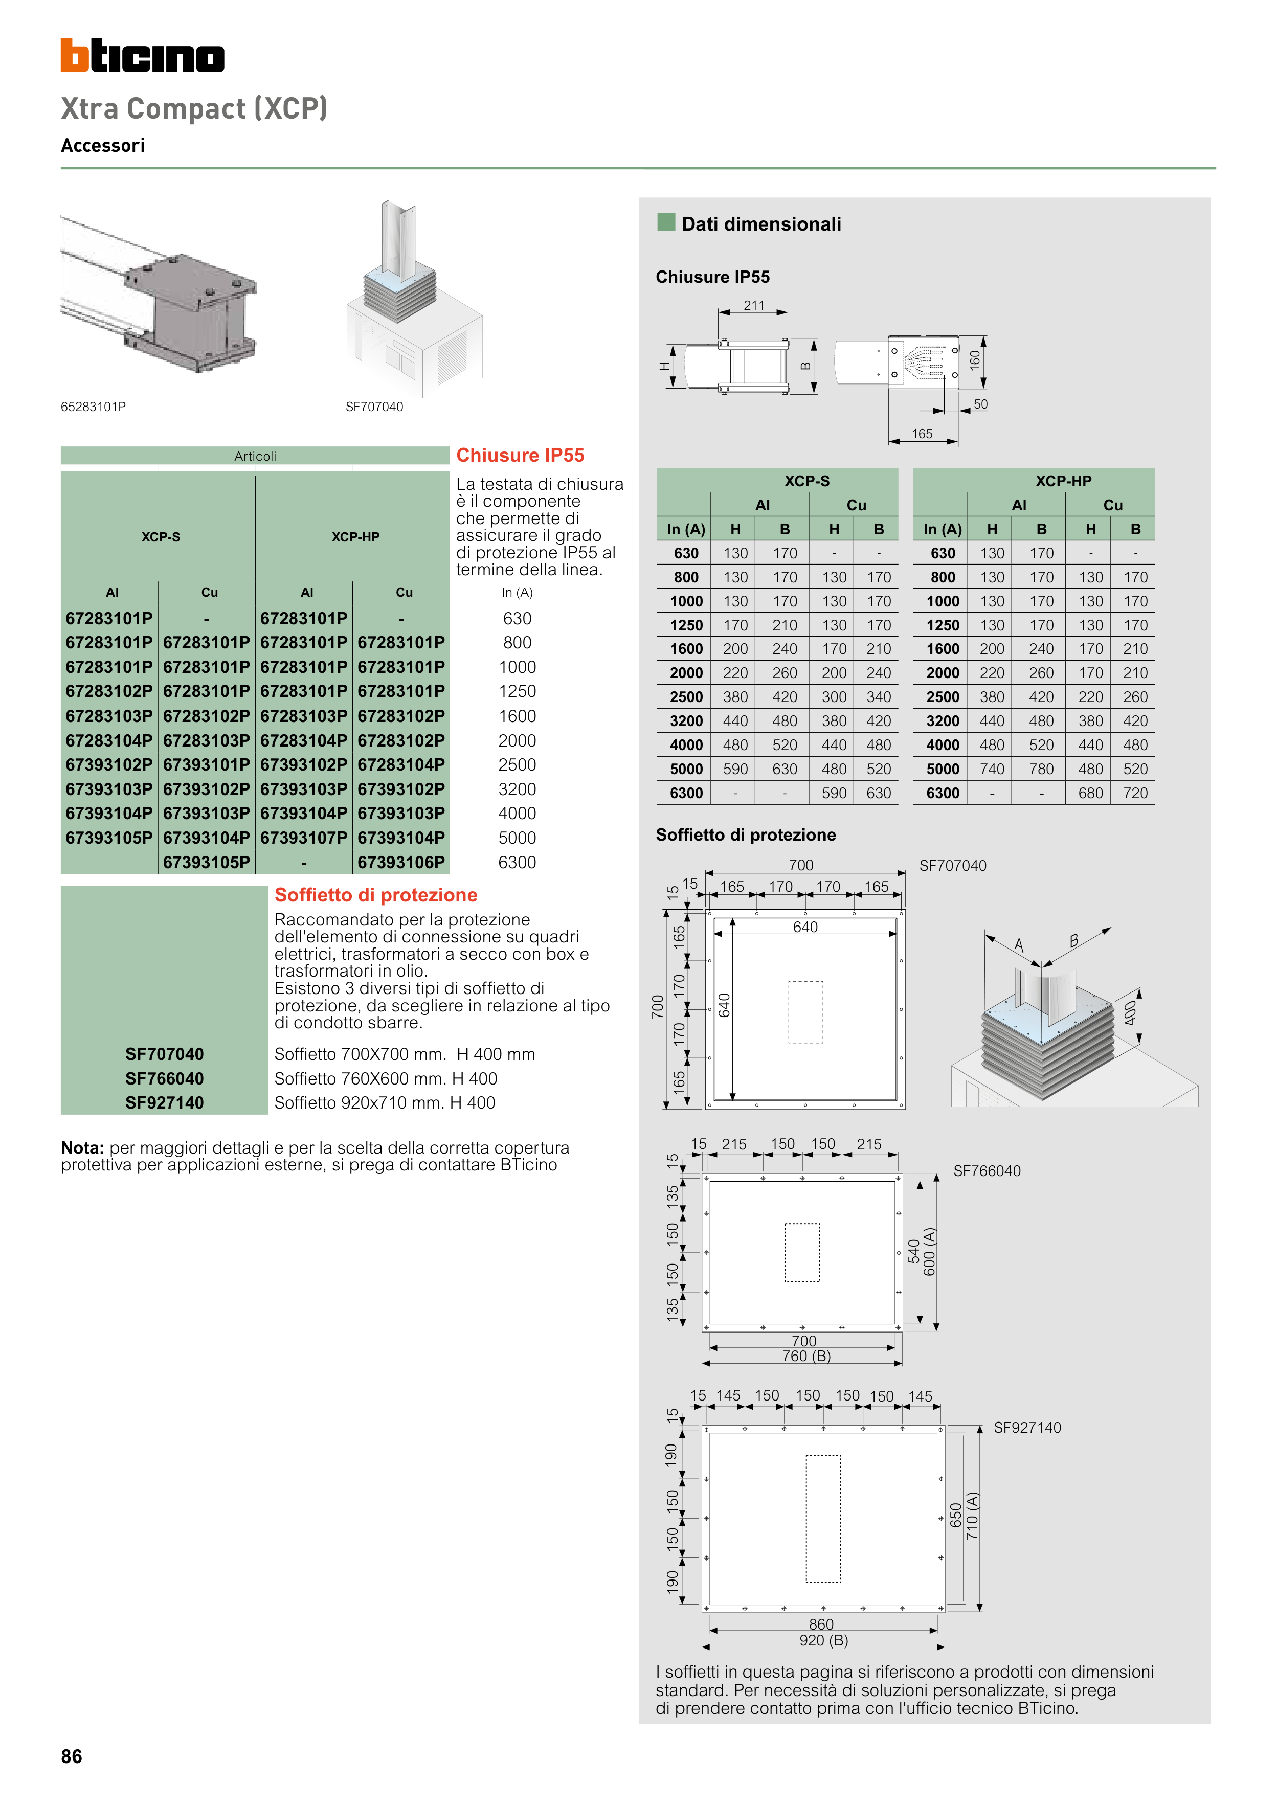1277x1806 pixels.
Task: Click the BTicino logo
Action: click(x=142, y=56)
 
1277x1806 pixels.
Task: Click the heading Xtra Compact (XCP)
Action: click(x=193, y=108)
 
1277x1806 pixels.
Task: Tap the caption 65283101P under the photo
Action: click(x=93, y=407)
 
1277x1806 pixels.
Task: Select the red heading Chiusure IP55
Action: click(x=520, y=456)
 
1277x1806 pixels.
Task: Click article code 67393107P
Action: click(x=304, y=838)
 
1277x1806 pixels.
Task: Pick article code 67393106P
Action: click(x=401, y=862)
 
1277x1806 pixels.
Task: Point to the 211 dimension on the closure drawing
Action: click(x=754, y=305)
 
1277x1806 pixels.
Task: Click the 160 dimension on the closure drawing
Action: click(x=975, y=360)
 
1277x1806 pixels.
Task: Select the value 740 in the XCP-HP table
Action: click(x=992, y=769)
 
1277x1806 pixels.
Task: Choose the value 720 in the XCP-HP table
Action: click(x=1135, y=793)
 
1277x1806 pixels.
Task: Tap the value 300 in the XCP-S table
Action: click(x=834, y=697)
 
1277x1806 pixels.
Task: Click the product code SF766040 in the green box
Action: click(x=165, y=1078)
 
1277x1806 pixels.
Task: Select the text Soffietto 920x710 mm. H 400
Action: click(x=385, y=1103)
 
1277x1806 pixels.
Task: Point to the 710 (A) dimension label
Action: click(x=973, y=1515)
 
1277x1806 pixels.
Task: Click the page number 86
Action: click(x=72, y=1756)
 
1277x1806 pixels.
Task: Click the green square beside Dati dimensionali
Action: click(x=666, y=222)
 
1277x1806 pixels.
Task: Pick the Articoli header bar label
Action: click(x=255, y=456)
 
